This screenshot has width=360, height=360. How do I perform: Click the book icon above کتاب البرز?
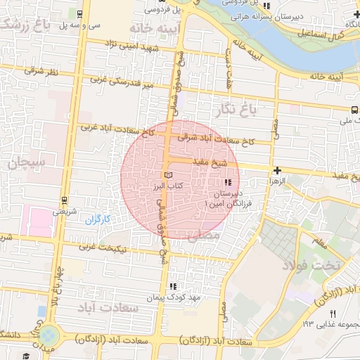pos(167,175)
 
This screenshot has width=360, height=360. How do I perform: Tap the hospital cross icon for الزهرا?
pos(278,170)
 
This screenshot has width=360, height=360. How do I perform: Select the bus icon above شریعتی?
pos(64,200)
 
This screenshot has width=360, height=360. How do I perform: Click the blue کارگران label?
pos(98,220)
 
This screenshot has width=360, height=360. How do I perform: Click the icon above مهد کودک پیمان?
pos(172,287)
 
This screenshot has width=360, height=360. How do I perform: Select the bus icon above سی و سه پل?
pos(79,13)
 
